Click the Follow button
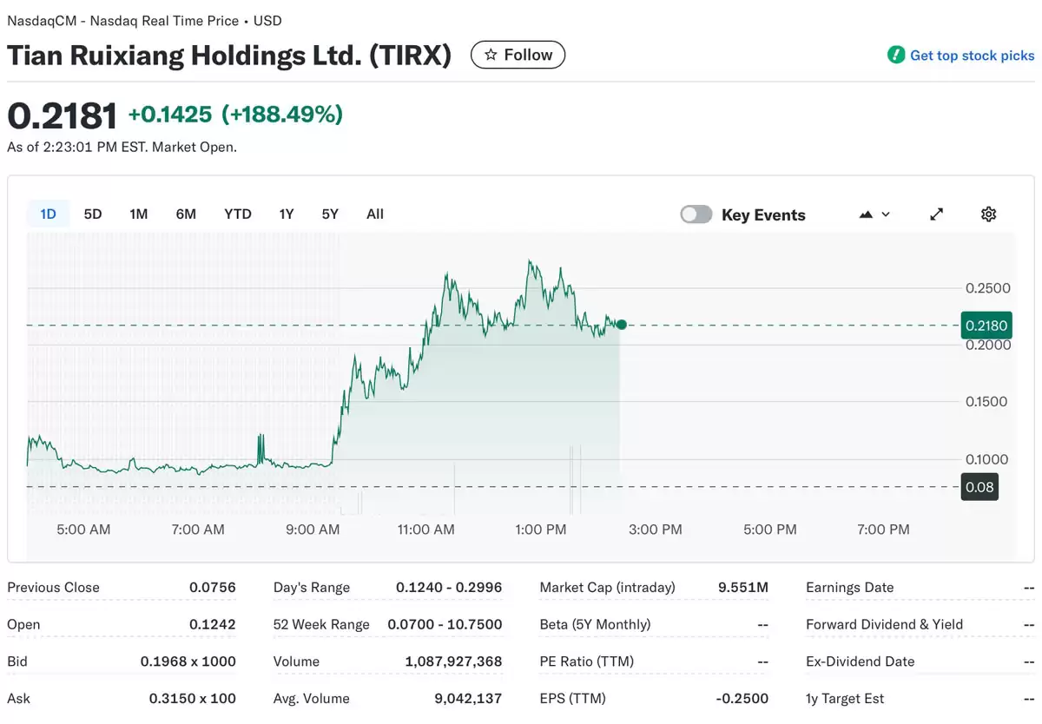point(518,55)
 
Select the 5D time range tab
point(93,214)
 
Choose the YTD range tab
point(237,214)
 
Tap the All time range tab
point(375,214)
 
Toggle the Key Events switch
point(696,214)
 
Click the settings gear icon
point(988,214)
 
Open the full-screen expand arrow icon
point(936,214)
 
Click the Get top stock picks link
point(971,56)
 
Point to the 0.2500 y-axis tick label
point(988,288)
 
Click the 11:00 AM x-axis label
point(426,530)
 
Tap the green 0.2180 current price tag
point(986,326)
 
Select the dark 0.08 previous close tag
point(979,487)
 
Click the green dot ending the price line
point(621,325)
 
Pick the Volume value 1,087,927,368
point(453,661)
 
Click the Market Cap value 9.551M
point(743,588)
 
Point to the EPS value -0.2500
point(743,699)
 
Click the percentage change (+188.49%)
point(282,114)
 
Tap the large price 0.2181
point(62,115)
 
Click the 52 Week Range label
point(321,625)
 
